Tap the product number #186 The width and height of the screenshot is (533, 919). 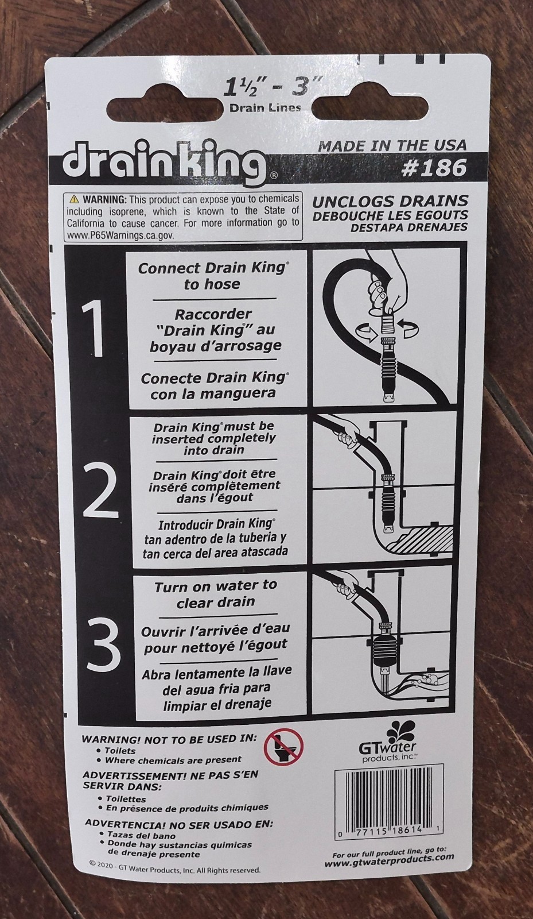click(x=435, y=168)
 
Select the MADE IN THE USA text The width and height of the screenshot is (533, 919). click(x=392, y=145)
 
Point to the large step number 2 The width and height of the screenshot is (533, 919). click(x=100, y=491)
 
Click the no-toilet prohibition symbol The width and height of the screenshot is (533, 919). click(x=283, y=747)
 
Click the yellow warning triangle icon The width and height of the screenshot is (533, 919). click(x=74, y=199)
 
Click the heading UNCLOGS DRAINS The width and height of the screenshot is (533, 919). click(x=390, y=202)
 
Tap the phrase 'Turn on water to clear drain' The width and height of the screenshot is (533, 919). click(x=215, y=594)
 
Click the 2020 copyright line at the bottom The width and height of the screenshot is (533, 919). click(x=175, y=870)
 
